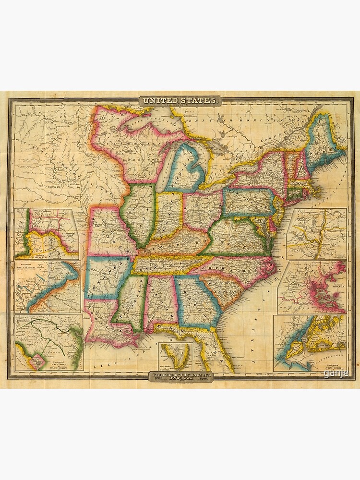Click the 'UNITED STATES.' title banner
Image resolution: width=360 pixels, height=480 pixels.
tap(180, 100)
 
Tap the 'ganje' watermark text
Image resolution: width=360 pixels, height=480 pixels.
tap(336, 373)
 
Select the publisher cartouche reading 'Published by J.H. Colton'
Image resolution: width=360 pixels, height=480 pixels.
tap(180, 375)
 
